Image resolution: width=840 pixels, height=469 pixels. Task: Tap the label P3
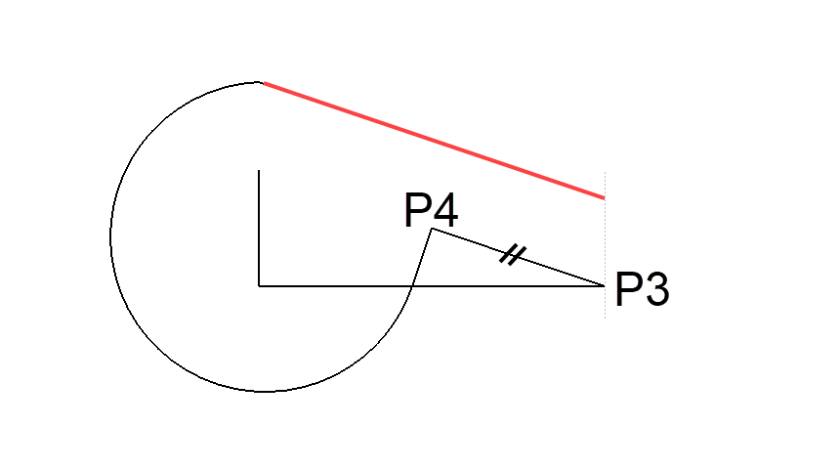coord(642,291)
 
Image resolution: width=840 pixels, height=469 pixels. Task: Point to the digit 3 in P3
coord(656,291)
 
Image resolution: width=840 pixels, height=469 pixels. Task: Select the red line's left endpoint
coord(262,83)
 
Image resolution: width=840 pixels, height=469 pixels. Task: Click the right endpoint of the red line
coord(605,198)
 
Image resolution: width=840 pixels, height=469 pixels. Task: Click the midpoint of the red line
coord(434,141)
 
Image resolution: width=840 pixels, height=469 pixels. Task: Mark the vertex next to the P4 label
coord(432,229)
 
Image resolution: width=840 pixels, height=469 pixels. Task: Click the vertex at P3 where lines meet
coord(605,285)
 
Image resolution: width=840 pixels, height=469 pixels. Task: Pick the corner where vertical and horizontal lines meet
coord(259,285)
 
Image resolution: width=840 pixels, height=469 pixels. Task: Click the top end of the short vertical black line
coord(259,171)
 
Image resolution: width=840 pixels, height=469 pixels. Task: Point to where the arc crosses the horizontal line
coord(411,285)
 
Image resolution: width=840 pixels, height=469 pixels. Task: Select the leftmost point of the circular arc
coord(110,236)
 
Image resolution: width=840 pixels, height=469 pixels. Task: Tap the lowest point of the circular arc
coord(262,391)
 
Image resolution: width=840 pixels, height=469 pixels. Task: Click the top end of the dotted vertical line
coord(606,172)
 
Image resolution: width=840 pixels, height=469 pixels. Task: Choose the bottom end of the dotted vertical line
coord(606,319)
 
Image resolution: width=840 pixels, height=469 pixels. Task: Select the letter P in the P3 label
coord(627,291)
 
